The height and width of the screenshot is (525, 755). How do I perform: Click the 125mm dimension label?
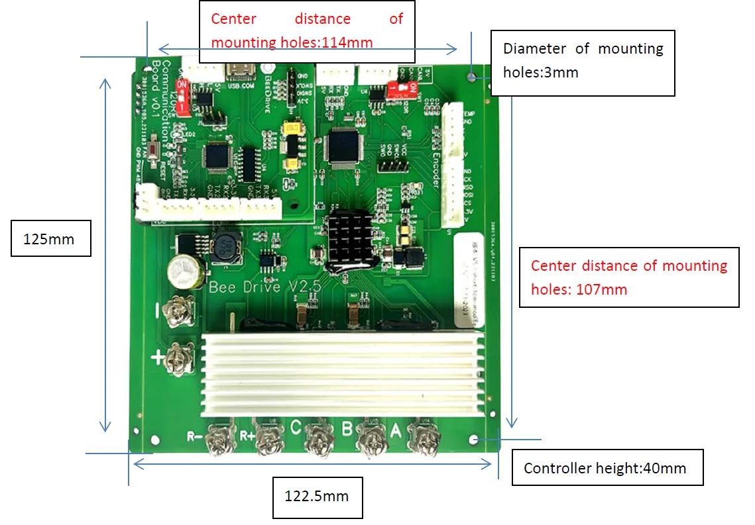click(x=50, y=238)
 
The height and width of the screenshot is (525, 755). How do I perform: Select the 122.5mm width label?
click(x=317, y=497)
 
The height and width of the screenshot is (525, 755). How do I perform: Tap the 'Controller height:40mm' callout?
click(x=605, y=469)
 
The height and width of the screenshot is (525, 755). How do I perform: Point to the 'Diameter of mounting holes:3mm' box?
click(x=583, y=60)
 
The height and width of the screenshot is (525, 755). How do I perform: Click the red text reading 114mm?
click(x=347, y=43)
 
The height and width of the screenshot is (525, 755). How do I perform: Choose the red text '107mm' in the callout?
click(x=603, y=289)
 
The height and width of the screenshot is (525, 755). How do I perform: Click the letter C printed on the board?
click(x=296, y=427)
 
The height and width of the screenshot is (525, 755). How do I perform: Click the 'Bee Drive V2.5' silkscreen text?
click(x=265, y=287)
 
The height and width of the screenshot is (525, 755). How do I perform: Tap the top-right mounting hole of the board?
click(x=471, y=77)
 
